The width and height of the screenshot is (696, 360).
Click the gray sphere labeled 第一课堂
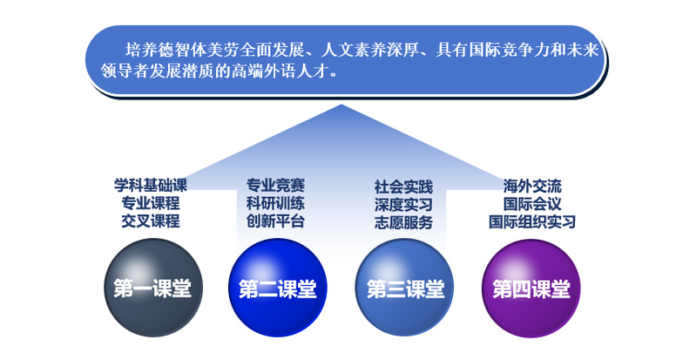point(152,288)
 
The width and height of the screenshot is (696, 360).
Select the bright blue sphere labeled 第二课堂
point(278,288)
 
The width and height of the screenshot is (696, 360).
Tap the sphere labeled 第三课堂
point(405,288)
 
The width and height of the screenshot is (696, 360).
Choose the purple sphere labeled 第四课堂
point(531,288)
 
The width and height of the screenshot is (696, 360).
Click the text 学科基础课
point(151,186)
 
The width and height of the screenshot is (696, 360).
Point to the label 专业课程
point(151,203)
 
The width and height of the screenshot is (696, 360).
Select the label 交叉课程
point(151,221)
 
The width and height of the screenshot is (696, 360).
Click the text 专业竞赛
point(275,186)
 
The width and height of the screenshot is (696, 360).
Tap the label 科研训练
point(275,203)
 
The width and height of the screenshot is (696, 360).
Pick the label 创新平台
point(275,221)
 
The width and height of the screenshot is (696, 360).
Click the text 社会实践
point(403,187)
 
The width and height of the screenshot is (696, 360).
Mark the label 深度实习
point(403,205)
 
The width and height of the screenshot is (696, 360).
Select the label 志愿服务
point(403,222)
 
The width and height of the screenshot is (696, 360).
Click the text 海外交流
point(532,186)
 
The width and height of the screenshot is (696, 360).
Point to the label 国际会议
point(532,204)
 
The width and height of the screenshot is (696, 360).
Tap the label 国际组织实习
point(532,221)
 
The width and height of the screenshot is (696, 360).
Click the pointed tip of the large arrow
point(341,105)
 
